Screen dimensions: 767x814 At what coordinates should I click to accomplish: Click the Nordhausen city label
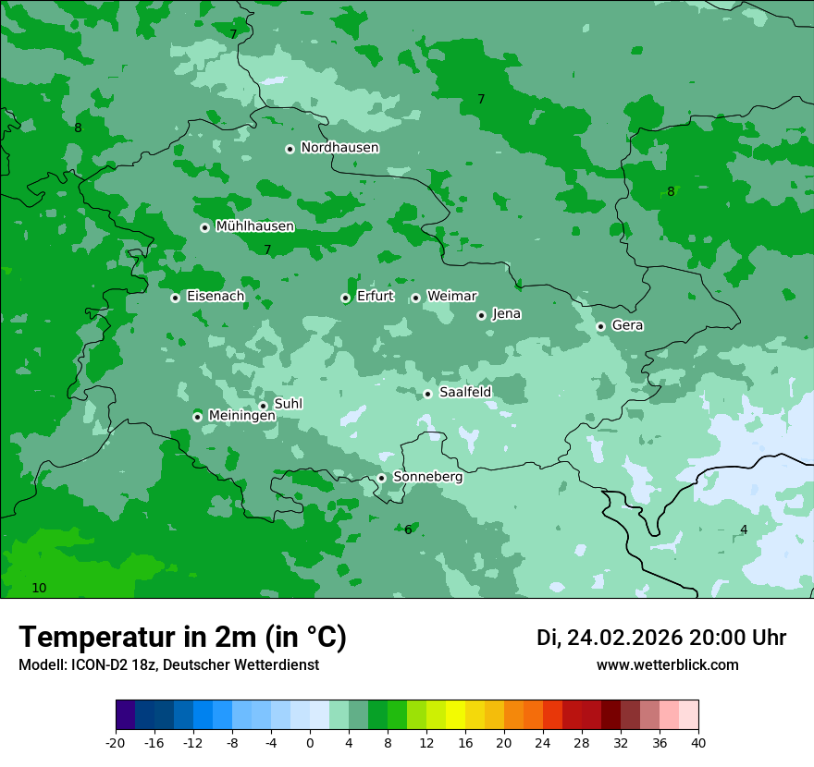tap(339, 148)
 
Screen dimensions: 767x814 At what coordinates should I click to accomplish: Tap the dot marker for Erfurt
tap(345, 298)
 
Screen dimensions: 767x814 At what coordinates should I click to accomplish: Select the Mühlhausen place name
tap(254, 226)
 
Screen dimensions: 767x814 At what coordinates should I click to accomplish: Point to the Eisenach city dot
tap(175, 298)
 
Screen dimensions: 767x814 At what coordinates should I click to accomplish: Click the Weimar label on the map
tap(451, 296)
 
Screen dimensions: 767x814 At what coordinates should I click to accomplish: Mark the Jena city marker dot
tap(481, 315)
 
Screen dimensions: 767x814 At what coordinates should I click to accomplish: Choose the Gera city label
tap(627, 325)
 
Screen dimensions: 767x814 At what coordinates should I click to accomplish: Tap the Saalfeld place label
tap(464, 393)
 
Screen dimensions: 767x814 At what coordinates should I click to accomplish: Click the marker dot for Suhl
tap(263, 406)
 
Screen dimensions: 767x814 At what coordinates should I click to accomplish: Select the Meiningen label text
tap(241, 416)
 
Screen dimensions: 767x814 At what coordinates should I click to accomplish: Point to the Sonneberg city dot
tap(381, 478)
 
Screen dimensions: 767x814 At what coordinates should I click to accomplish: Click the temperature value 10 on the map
tap(39, 588)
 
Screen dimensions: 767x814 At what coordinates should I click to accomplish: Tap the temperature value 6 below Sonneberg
tap(408, 530)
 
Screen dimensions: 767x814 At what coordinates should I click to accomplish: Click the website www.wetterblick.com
tap(667, 665)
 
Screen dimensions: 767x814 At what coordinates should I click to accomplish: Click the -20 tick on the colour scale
tap(116, 742)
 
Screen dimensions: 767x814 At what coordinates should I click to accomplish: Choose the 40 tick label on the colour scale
tap(698, 742)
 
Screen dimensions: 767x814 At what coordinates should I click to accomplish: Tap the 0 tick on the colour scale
tap(310, 742)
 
